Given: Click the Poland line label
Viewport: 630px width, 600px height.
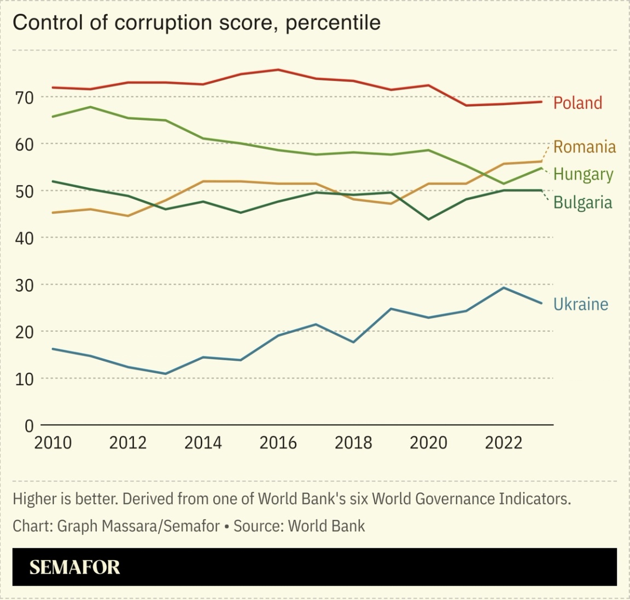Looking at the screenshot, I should tap(577, 103).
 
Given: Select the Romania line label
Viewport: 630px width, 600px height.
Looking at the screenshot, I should tap(584, 147).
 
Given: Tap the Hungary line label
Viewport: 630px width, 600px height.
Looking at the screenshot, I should tap(583, 174).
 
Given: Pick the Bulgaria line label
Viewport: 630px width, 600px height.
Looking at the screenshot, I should tap(582, 203).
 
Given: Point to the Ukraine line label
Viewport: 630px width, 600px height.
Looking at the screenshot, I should tap(580, 304).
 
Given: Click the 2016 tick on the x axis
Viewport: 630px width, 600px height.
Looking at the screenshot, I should tap(278, 442).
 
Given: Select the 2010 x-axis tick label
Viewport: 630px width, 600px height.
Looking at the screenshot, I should tap(53, 442).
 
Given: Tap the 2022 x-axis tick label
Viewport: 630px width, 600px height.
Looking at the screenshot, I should tap(503, 442).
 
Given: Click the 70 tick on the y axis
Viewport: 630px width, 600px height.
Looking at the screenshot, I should tap(25, 97).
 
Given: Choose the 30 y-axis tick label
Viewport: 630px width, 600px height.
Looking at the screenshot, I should tap(25, 285).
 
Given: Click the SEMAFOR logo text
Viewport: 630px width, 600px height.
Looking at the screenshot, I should tap(74, 567).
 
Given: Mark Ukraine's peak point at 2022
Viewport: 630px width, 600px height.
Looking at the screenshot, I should tap(503, 287).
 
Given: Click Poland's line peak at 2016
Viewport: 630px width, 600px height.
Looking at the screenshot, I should tap(278, 70).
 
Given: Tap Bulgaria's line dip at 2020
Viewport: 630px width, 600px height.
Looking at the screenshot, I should tap(428, 220).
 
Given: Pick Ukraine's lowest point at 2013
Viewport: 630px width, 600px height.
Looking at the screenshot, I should tap(165, 374).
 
